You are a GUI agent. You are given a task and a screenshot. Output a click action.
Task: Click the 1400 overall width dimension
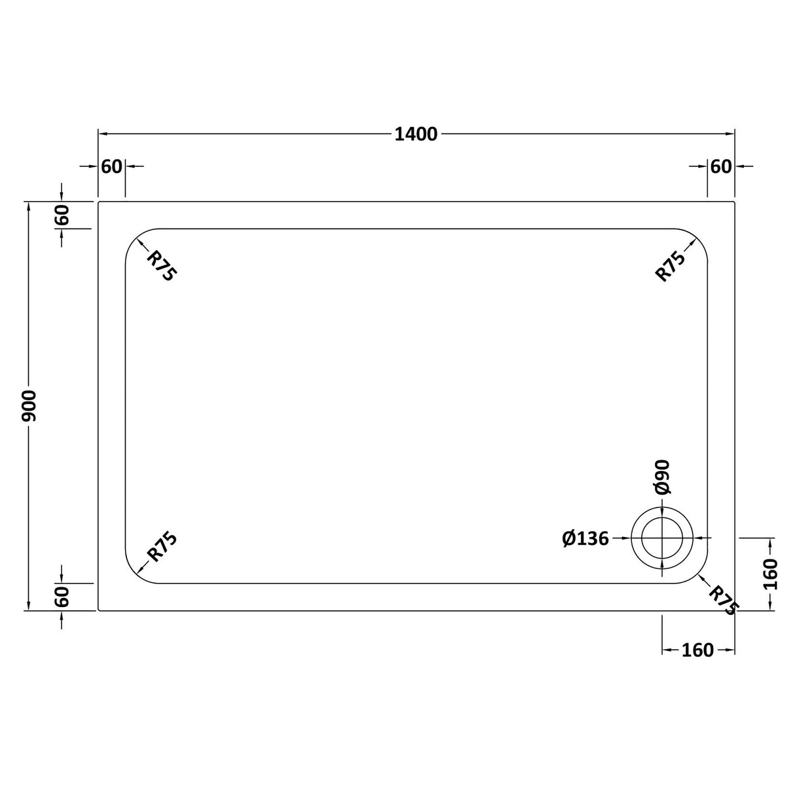click(416, 134)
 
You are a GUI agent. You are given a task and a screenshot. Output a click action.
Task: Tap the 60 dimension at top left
click(112, 167)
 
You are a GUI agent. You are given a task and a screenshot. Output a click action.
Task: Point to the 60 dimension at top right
click(720, 167)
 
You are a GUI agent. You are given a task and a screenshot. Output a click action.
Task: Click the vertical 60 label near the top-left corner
click(62, 215)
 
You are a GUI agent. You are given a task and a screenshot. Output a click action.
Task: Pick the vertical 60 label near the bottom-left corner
click(62, 597)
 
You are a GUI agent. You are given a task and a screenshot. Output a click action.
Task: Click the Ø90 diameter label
click(661, 477)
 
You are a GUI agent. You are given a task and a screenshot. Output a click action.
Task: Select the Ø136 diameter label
click(585, 538)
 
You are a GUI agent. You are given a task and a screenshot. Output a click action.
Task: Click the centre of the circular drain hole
click(662, 538)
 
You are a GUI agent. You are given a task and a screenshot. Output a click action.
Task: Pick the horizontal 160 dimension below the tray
click(697, 650)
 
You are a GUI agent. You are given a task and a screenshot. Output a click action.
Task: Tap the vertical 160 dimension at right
click(771, 574)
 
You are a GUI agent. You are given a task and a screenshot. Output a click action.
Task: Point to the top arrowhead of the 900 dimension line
click(28, 207)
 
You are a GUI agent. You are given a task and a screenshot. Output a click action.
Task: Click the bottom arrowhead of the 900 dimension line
click(28, 606)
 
